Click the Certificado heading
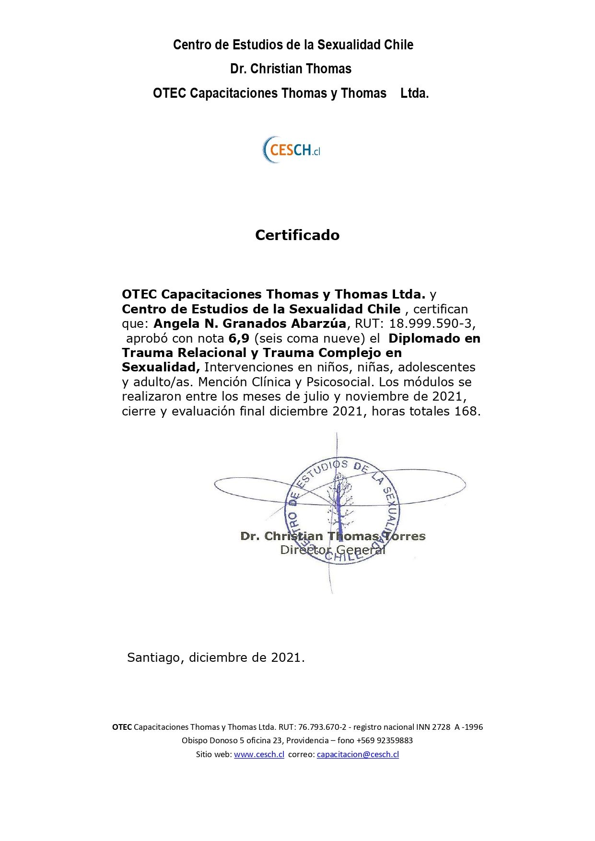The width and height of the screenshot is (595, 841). (297, 235)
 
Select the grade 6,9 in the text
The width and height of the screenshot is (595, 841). (239, 338)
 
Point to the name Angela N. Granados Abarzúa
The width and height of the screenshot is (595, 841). (249, 323)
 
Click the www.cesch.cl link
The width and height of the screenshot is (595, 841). (259, 754)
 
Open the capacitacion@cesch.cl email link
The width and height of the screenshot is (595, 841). (358, 754)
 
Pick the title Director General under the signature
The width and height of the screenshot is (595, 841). (333, 550)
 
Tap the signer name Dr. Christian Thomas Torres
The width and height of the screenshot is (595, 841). (333, 536)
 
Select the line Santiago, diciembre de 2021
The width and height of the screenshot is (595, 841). (216, 657)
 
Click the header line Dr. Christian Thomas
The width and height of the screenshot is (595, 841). (291, 69)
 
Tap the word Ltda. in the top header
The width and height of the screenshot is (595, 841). (414, 93)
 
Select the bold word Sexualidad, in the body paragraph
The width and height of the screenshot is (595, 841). (161, 368)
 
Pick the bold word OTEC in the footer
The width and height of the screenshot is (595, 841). (122, 727)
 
